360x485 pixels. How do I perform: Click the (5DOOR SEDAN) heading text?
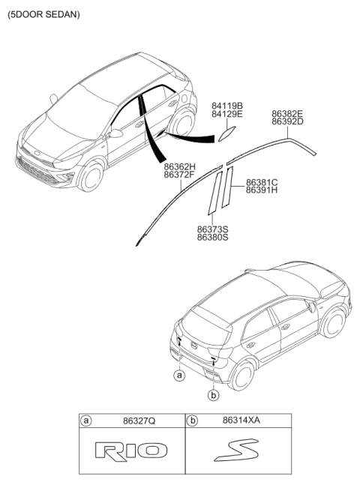tap(43, 14)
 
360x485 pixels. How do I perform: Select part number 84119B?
tap(227, 106)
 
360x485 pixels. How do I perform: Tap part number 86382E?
tap(287, 113)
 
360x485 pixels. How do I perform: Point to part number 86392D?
tap(287, 121)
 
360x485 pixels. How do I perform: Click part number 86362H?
tap(179, 167)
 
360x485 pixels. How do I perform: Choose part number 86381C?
tap(262, 182)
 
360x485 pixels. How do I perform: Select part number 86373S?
tap(213, 229)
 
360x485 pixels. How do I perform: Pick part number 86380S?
tap(213, 238)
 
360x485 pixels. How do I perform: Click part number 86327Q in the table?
tap(139, 421)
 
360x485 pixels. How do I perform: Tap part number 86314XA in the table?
tap(241, 421)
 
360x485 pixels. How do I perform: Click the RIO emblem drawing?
tap(131, 451)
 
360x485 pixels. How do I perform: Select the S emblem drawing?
tap(236, 450)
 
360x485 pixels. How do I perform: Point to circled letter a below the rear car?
tap(179, 376)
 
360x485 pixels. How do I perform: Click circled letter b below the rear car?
tap(214, 395)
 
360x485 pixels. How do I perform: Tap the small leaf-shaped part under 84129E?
tap(227, 134)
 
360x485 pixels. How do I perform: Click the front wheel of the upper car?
tap(91, 176)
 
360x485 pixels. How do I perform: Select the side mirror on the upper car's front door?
tap(115, 133)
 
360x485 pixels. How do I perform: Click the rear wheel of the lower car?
tap(242, 376)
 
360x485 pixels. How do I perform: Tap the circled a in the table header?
tap(85, 421)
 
